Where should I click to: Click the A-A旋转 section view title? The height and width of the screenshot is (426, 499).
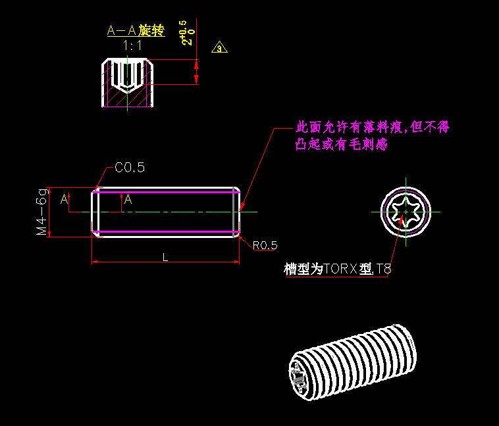(136, 31)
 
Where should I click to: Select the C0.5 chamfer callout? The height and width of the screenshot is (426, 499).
(129, 168)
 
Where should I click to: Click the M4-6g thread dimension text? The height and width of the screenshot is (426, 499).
(42, 212)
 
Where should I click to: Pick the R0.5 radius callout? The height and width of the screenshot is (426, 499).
(265, 245)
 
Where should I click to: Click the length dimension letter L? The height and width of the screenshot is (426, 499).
(165, 258)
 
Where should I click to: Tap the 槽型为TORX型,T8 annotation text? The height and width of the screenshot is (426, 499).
(338, 269)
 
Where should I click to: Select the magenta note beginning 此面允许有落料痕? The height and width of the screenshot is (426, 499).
(372, 127)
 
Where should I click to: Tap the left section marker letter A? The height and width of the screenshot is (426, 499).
(65, 199)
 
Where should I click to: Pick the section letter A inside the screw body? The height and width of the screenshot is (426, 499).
(128, 200)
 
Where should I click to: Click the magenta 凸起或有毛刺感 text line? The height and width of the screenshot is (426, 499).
(341, 144)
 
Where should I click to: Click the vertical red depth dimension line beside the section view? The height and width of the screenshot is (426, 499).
(196, 72)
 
